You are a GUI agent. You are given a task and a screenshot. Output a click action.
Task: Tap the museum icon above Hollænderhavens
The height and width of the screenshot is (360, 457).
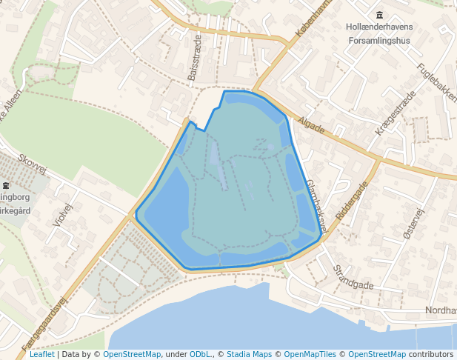point(380,16)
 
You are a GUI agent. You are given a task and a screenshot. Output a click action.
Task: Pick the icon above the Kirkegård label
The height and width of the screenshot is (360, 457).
point(6,184)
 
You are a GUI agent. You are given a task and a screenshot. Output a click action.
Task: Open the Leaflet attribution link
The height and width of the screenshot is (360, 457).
point(41,354)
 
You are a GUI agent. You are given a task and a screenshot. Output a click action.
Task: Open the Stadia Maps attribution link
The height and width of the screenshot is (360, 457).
point(249,354)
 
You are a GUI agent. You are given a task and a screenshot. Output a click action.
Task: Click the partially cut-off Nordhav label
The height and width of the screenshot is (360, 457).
point(441,310)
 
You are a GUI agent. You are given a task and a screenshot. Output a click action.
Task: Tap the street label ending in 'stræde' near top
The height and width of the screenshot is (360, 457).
point(193,58)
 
